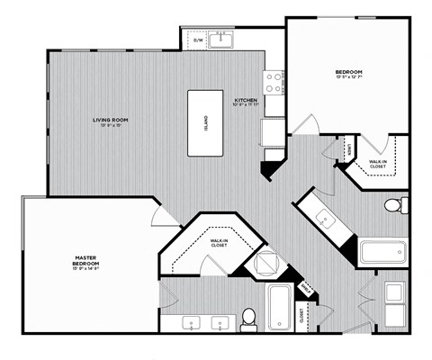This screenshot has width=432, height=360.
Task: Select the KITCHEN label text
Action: [247, 102]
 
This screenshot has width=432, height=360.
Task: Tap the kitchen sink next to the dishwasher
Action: [225, 40]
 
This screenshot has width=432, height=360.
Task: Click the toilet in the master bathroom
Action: [249, 317]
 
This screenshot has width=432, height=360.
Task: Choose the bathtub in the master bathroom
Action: [280, 306]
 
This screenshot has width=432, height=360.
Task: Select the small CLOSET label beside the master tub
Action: [301, 315]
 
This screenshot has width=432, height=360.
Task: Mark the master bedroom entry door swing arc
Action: [160, 214]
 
